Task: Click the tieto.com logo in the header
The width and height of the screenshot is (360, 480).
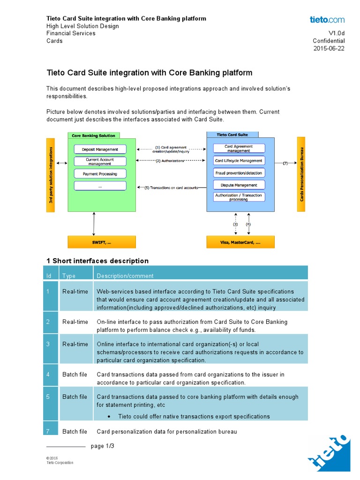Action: pos(327,20)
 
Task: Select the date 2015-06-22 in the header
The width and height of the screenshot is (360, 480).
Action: pos(329,48)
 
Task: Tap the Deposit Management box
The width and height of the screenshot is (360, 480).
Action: pos(100,150)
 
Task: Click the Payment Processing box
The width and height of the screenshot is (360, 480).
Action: pos(100,174)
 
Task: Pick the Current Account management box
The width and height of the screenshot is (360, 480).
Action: pos(100,162)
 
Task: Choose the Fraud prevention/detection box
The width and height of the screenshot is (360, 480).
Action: pos(239,173)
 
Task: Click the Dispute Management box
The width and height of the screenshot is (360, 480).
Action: pos(239,185)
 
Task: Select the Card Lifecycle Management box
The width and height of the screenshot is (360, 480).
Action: pos(239,161)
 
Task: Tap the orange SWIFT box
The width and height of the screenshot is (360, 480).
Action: pos(102,242)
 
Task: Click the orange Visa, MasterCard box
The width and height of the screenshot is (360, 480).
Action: pos(240,242)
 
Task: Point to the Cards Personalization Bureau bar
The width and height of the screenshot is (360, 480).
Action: pos(301,173)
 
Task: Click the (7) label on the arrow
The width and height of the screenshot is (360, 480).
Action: pos(285,164)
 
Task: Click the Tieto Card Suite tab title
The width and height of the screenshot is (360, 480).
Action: pos(232,135)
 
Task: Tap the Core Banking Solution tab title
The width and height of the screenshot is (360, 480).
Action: pos(93,135)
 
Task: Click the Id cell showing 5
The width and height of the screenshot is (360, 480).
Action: pos(48,397)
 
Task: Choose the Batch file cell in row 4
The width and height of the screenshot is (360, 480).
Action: pos(75,375)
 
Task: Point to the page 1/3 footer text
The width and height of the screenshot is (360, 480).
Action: pos(103,446)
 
